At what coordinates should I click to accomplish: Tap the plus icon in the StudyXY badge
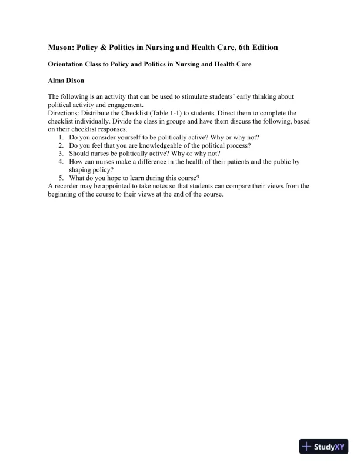[307, 447]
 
